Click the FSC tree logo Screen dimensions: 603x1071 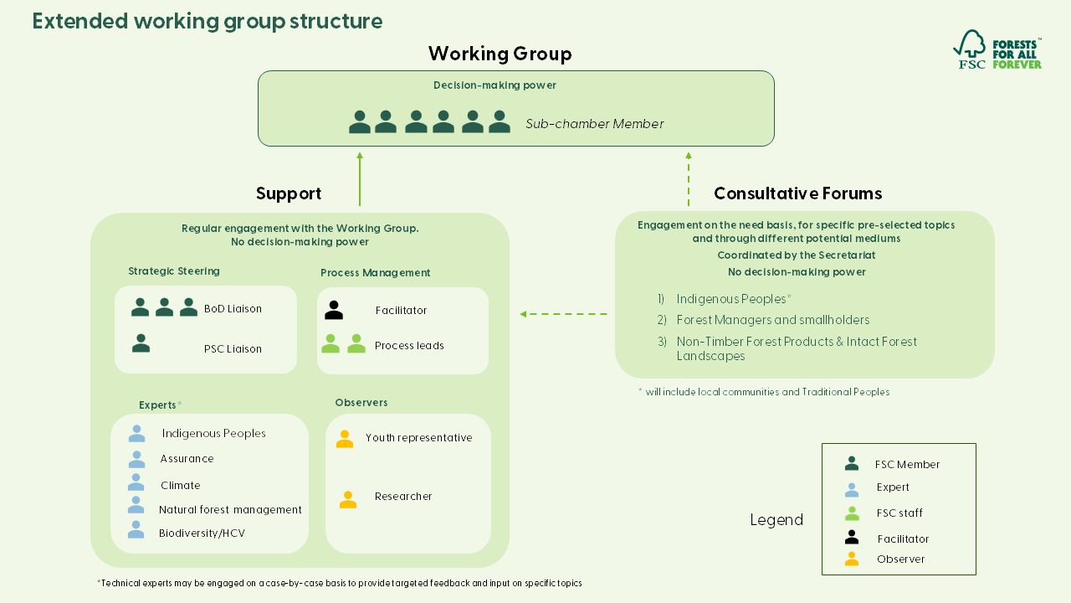tap(971, 49)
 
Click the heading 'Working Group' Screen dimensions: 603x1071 tap(500, 54)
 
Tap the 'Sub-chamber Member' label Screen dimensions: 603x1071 tap(594, 124)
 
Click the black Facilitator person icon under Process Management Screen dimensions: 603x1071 tap(334, 311)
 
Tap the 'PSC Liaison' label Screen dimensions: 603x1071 tap(233, 349)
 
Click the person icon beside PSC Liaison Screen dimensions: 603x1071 tap(141, 343)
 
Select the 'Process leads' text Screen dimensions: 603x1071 tap(409, 346)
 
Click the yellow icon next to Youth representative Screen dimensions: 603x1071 tap(344, 439)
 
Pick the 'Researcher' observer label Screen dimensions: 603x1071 tap(403, 497)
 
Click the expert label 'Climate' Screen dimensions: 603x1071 tap(181, 486)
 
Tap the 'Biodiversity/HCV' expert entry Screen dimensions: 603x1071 tap(202, 533)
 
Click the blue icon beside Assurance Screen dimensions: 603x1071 tap(136, 459)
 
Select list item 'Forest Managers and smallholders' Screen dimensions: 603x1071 tap(772, 320)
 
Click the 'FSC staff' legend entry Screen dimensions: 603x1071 tap(899, 513)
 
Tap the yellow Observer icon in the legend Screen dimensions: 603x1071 tap(852, 559)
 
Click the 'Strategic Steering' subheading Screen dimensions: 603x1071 tap(174, 271)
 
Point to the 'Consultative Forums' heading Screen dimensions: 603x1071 tap(797, 194)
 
